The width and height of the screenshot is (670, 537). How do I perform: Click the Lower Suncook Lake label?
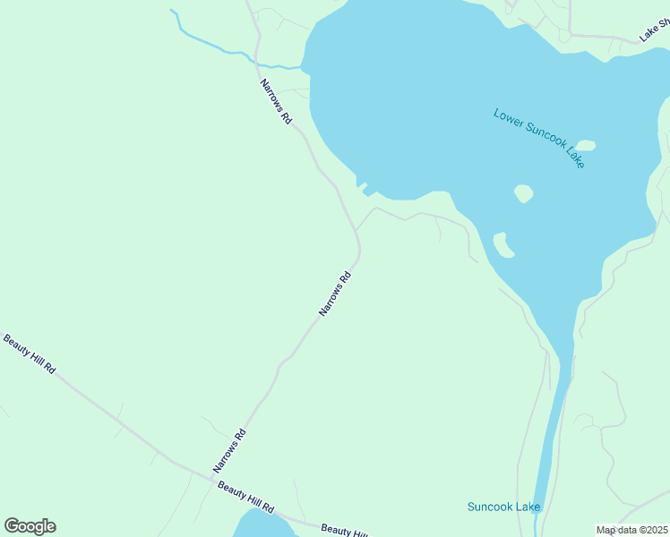[x=539, y=138]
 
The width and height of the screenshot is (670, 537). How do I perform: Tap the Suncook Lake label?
[x=504, y=507]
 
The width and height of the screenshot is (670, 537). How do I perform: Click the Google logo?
[x=30, y=526]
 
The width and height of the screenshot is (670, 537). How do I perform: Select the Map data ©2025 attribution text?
[x=631, y=530]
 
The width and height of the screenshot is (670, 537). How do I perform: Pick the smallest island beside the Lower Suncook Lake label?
[x=586, y=145]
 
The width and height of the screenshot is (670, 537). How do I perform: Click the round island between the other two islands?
[x=524, y=193]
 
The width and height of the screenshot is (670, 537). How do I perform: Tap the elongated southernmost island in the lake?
[x=503, y=244]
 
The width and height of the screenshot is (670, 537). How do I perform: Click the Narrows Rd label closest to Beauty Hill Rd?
[x=229, y=451]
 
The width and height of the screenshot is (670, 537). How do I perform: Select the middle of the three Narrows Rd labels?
[x=334, y=294]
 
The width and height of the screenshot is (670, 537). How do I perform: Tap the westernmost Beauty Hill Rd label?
[x=30, y=354]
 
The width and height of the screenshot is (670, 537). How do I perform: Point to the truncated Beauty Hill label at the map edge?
[x=344, y=531]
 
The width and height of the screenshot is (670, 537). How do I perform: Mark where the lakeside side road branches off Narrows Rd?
[x=356, y=230]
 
